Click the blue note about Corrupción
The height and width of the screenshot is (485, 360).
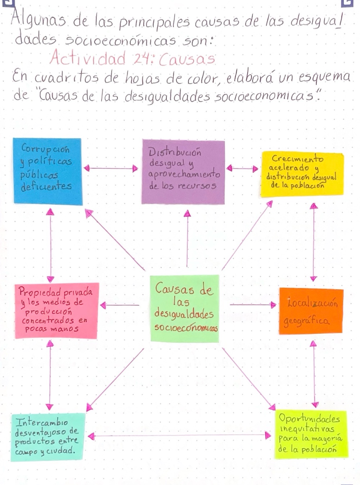click(x=48, y=172)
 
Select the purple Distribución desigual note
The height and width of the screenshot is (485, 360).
click(x=183, y=172)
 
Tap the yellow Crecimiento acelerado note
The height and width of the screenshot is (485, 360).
click(x=302, y=174)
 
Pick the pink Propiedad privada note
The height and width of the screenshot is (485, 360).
click(x=57, y=311)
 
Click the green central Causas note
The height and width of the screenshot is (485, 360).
click(x=185, y=309)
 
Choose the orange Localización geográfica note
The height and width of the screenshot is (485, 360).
click(x=311, y=311)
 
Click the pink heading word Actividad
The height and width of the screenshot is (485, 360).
click(x=87, y=58)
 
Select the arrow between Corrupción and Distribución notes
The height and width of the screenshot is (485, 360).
click(x=111, y=168)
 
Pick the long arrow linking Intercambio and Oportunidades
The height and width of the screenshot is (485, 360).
click(x=179, y=436)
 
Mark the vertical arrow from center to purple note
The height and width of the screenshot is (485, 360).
click(x=187, y=238)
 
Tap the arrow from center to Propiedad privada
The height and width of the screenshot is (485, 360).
click(x=120, y=305)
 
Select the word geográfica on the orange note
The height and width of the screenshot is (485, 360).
click(x=306, y=321)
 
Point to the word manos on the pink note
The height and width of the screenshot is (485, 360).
click(x=64, y=329)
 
